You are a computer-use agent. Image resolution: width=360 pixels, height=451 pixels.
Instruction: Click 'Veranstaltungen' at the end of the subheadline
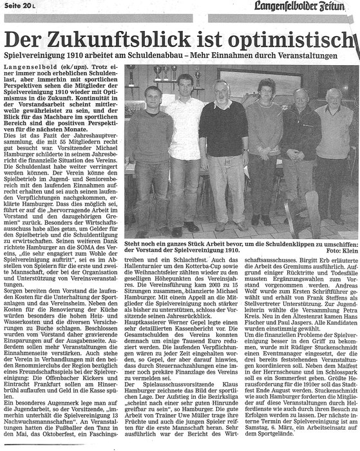321,47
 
